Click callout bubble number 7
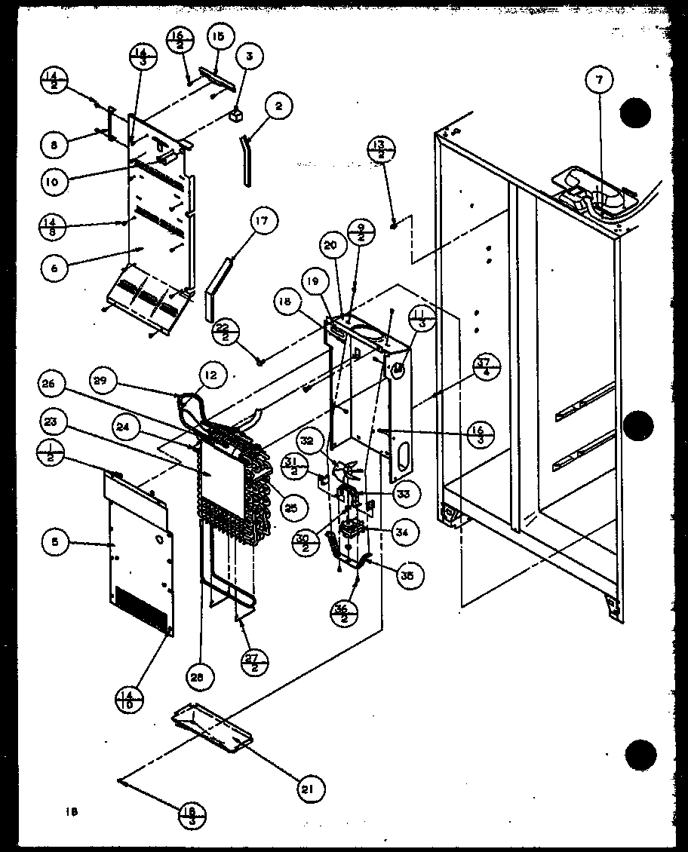pos(601,79)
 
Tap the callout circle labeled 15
pos(218,37)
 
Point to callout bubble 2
pos(278,107)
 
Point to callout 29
pos(105,381)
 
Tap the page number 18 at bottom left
pos(72,811)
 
